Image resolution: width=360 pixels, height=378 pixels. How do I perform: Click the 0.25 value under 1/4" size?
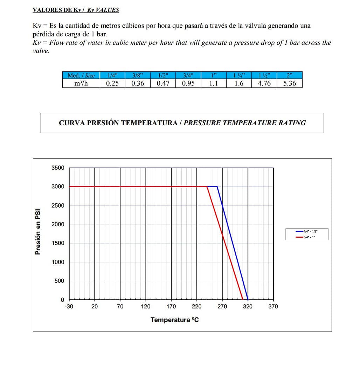[112, 83]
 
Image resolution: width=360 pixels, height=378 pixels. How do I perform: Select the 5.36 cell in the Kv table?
[289, 83]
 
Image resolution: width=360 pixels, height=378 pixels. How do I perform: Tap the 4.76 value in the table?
[264, 83]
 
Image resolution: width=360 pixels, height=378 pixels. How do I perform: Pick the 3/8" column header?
[138, 75]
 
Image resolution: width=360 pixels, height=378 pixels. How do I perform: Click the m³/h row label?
[81, 83]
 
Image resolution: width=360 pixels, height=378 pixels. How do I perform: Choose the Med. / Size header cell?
[81, 75]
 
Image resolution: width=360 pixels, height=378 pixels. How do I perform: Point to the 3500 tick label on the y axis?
[58, 168]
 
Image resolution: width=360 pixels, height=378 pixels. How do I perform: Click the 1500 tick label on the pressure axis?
[58, 243]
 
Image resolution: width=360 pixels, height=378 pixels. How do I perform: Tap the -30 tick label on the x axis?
[69, 307]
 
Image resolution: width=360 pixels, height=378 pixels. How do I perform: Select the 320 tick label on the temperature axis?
[248, 307]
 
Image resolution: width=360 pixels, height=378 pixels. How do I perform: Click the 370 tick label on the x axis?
[273, 307]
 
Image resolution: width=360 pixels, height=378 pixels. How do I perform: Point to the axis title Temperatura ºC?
[174, 320]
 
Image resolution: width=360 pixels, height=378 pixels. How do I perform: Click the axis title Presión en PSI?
[38, 232]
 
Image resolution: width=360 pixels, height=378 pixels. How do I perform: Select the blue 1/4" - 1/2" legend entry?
[307, 231]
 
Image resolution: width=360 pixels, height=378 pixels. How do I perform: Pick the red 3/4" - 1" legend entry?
[307, 237]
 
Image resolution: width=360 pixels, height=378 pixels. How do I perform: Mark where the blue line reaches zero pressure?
[248, 300]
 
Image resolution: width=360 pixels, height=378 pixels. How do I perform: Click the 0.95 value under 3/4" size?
[188, 83]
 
